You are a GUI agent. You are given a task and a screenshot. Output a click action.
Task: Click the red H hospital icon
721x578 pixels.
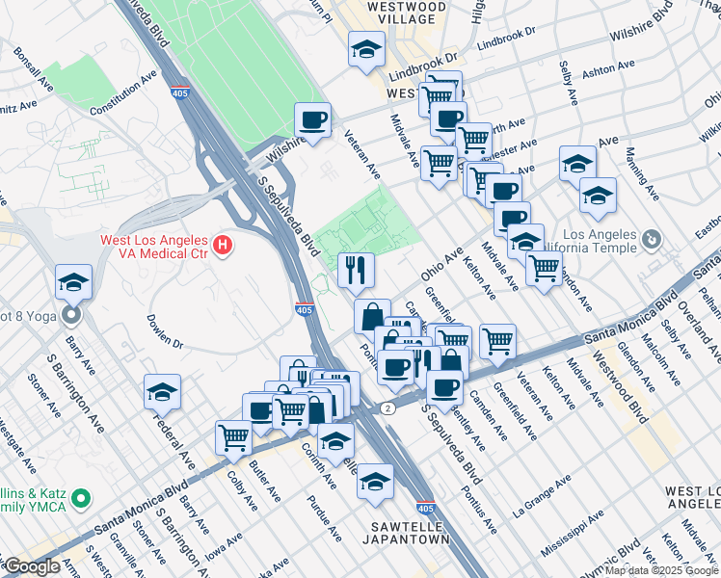[x=224, y=246]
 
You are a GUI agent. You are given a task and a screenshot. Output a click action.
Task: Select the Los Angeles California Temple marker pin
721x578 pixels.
[x=653, y=238]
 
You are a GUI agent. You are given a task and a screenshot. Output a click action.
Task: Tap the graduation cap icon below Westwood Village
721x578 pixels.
[x=366, y=51]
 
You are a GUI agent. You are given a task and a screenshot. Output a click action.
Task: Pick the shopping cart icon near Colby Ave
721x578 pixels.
[x=234, y=438]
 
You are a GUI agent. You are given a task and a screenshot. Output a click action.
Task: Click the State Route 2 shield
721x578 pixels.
[x=387, y=408]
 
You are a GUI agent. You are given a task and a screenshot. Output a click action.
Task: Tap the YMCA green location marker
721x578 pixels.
[x=82, y=499]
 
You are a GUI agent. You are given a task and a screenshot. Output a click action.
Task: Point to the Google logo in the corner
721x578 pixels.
[x=31, y=566]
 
